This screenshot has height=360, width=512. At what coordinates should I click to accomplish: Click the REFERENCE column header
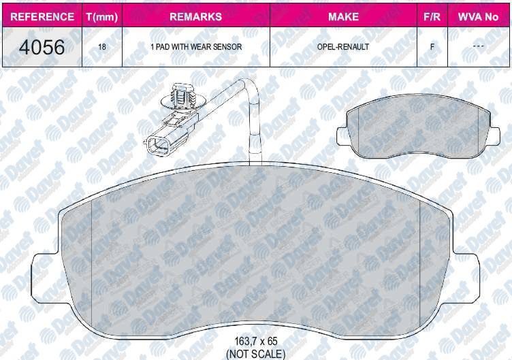pos(42,16)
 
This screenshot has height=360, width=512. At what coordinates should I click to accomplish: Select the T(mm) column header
pos(102,16)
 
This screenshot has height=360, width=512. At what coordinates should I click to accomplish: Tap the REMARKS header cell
pos(195,16)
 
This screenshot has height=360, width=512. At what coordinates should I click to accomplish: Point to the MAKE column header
pos(343,16)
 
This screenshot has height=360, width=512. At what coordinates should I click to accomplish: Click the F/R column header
pos(432,16)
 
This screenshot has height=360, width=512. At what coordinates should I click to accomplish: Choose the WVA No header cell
pos(478,16)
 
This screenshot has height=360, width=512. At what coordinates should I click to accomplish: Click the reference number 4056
pos(42,48)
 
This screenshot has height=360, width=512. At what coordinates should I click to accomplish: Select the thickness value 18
pos(102,47)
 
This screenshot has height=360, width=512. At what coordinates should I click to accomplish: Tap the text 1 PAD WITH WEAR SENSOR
pos(196,47)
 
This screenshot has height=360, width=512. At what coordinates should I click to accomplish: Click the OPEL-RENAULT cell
pos(343,47)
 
